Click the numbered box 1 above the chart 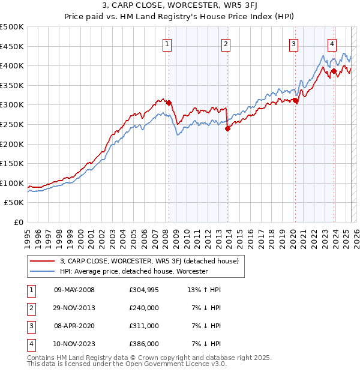coord(166,43)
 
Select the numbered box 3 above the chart coord(293,43)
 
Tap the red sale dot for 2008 coord(169,103)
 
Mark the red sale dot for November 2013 coord(227,128)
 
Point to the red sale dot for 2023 coord(334,71)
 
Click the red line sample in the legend coord(43,261)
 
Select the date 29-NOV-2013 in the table coord(74,308)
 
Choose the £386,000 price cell coord(144,344)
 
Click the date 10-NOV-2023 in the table coord(74,344)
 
